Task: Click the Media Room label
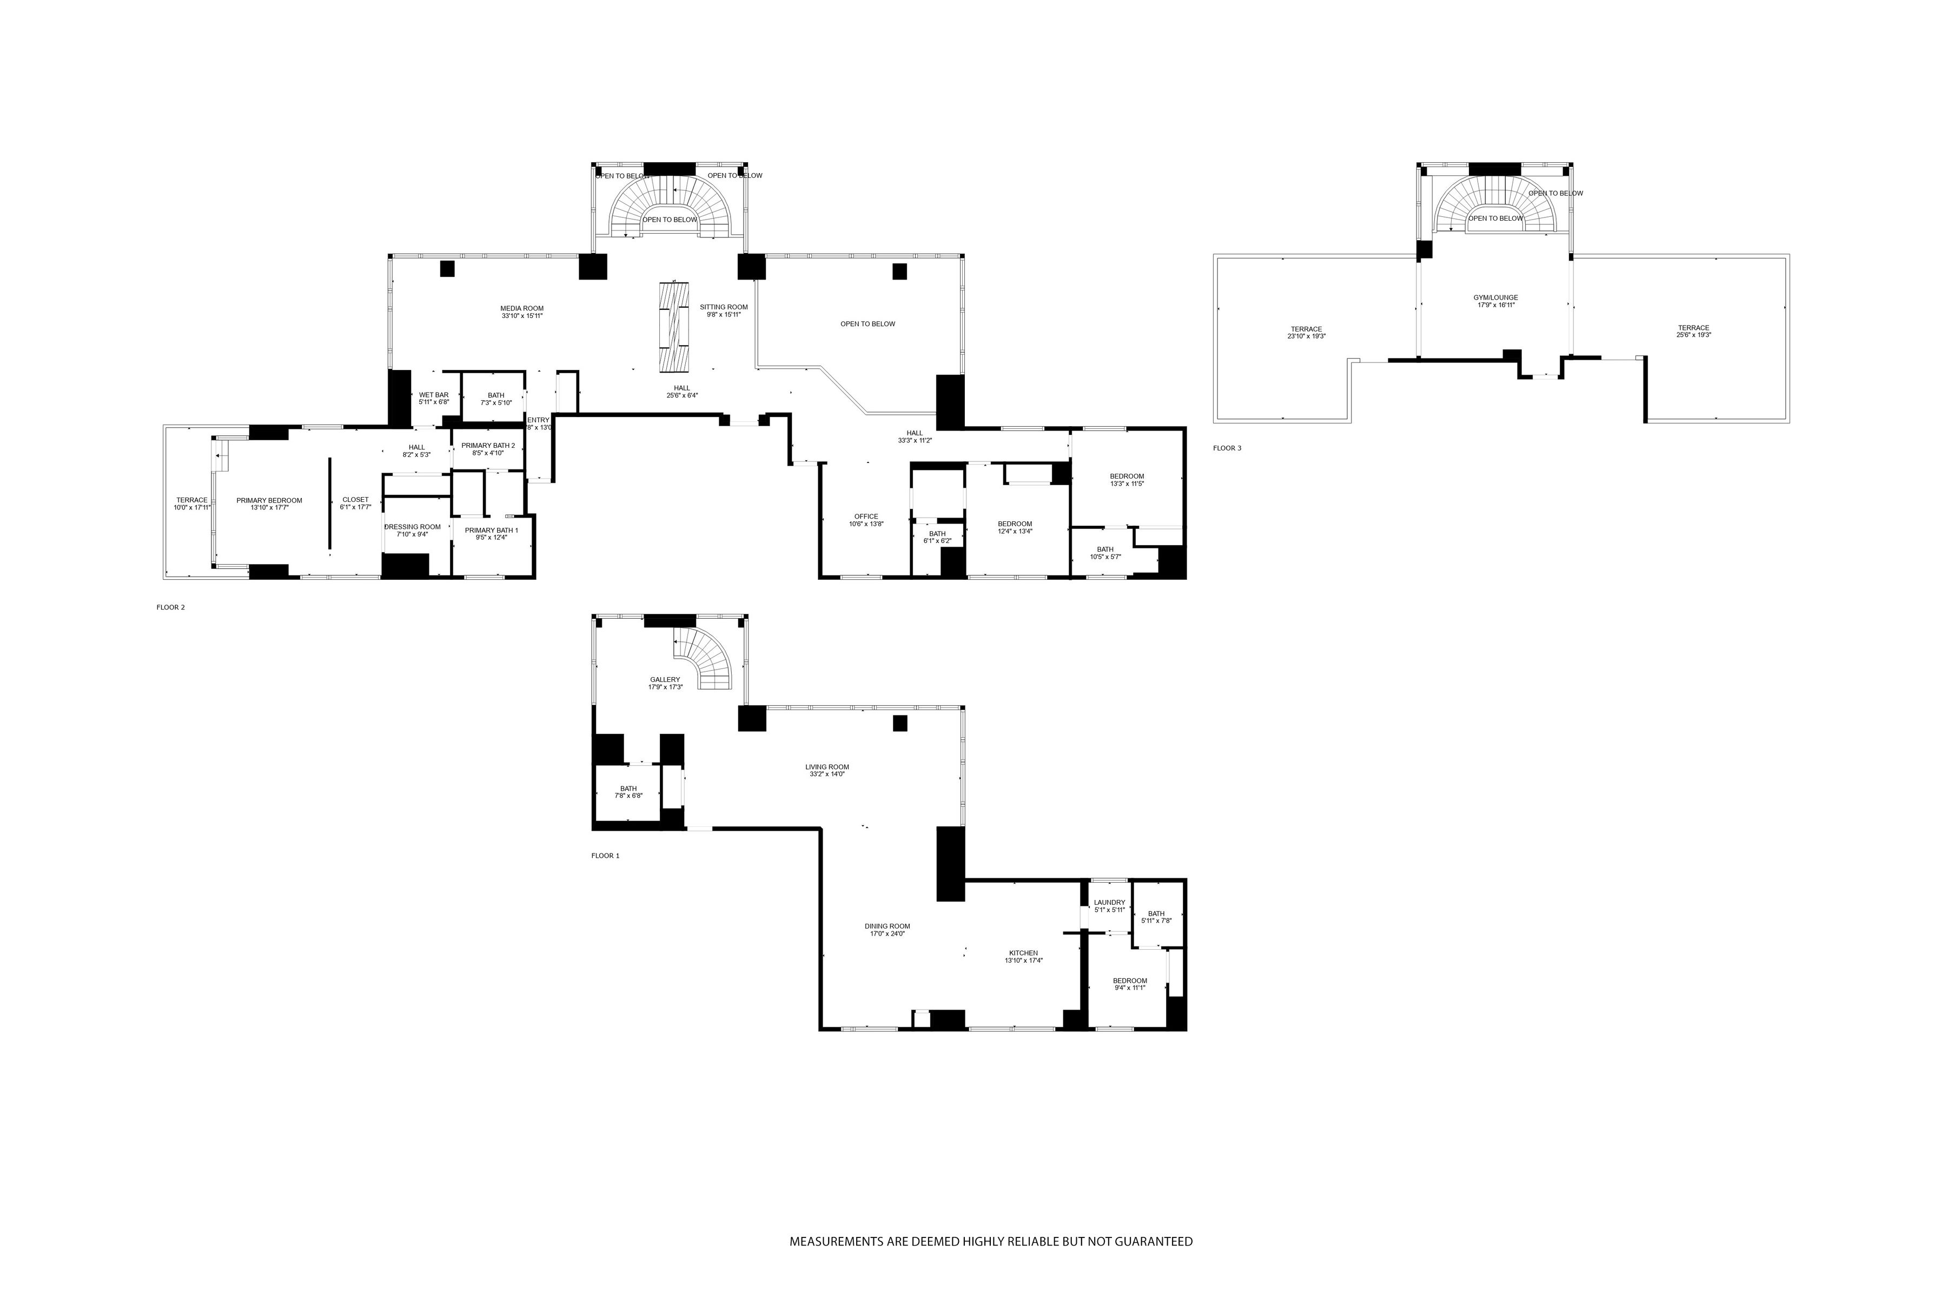pyautogui.click(x=521, y=312)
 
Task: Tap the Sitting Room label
pyautogui.click(x=724, y=310)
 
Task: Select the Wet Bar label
pyautogui.click(x=433, y=398)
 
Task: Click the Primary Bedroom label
pyautogui.click(x=269, y=504)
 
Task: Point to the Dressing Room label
pyautogui.click(x=412, y=531)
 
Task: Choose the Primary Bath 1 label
pyautogui.click(x=491, y=534)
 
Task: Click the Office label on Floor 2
pyautogui.click(x=866, y=520)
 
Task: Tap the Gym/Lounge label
pyautogui.click(x=1495, y=301)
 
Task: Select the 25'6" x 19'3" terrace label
pyautogui.click(x=1693, y=331)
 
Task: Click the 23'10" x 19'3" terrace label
pyautogui.click(x=1306, y=332)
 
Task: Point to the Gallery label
pyautogui.click(x=665, y=683)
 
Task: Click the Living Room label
pyautogui.click(x=827, y=770)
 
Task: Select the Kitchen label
pyautogui.click(x=1023, y=956)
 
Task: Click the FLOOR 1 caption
pyautogui.click(x=605, y=856)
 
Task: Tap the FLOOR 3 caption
pyautogui.click(x=1227, y=448)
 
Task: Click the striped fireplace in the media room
pyautogui.click(x=674, y=328)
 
